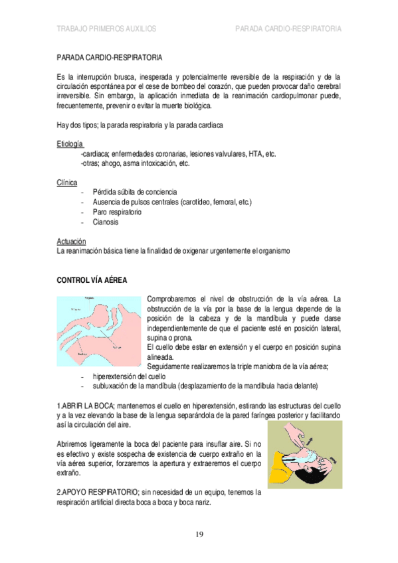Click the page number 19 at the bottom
199,535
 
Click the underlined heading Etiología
70,144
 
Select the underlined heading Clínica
67,182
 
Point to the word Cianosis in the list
106,222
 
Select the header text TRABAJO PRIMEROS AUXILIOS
107,29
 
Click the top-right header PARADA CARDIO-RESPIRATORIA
288,29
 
